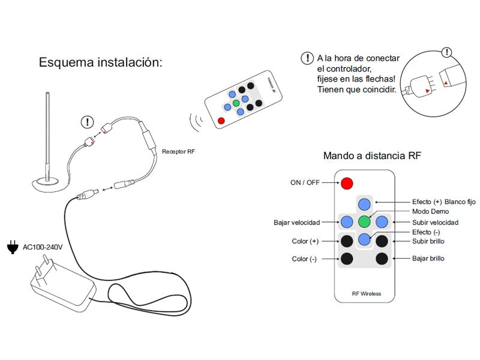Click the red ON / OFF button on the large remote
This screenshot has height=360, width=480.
[347, 183]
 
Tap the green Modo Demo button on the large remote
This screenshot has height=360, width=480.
[364, 221]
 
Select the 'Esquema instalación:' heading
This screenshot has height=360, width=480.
[101, 62]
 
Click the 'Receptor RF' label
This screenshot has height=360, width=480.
[178, 152]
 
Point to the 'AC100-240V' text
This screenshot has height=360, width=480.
[43, 247]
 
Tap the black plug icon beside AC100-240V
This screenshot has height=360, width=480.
[11, 247]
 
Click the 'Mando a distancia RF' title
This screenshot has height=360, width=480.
[372, 156]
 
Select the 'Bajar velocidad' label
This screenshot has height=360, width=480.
[296, 223]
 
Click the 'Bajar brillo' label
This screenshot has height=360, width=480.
[428, 259]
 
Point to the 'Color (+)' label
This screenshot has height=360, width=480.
[305, 242]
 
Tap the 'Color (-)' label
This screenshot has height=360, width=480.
[305, 259]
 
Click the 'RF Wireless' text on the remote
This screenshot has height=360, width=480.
[366, 294]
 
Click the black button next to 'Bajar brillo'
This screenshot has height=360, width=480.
[382, 259]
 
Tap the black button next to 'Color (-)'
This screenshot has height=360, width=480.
[347, 259]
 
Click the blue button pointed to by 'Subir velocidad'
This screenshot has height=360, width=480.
[382, 221]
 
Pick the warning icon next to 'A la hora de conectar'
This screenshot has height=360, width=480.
[307, 58]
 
